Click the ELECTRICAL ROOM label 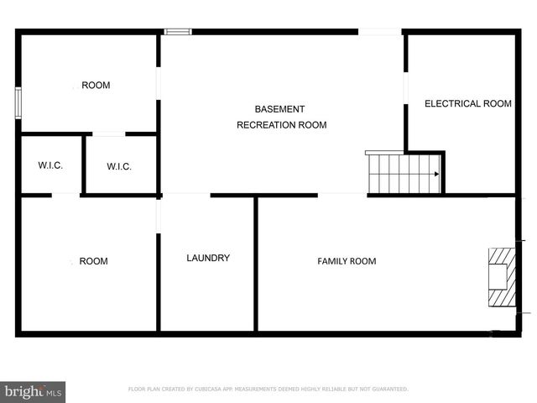(x=467, y=104)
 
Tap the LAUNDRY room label (x=207, y=258)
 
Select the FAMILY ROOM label (x=347, y=261)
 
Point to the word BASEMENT (x=279, y=109)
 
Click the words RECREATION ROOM (x=281, y=125)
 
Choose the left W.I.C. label (x=50, y=165)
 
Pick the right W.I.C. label (x=119, y=166)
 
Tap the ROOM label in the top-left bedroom (x=96, y=85)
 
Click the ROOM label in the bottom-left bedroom (x=93, y=261)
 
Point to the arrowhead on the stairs (x=436, y=175)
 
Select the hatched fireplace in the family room (x=501, y=279)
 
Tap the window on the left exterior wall (x=17, y=103)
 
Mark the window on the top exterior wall (x=178, y=32)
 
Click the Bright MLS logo (x=34, y=391)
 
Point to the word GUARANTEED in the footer (x=388, y=389)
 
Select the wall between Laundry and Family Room (x=256, y=264)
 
